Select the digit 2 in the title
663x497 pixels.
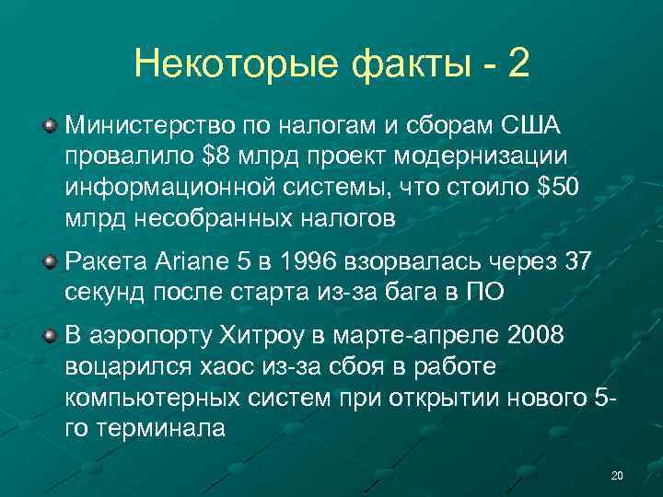(518, 64)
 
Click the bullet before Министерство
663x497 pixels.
(52, 124)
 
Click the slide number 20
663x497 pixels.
(617, 475)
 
